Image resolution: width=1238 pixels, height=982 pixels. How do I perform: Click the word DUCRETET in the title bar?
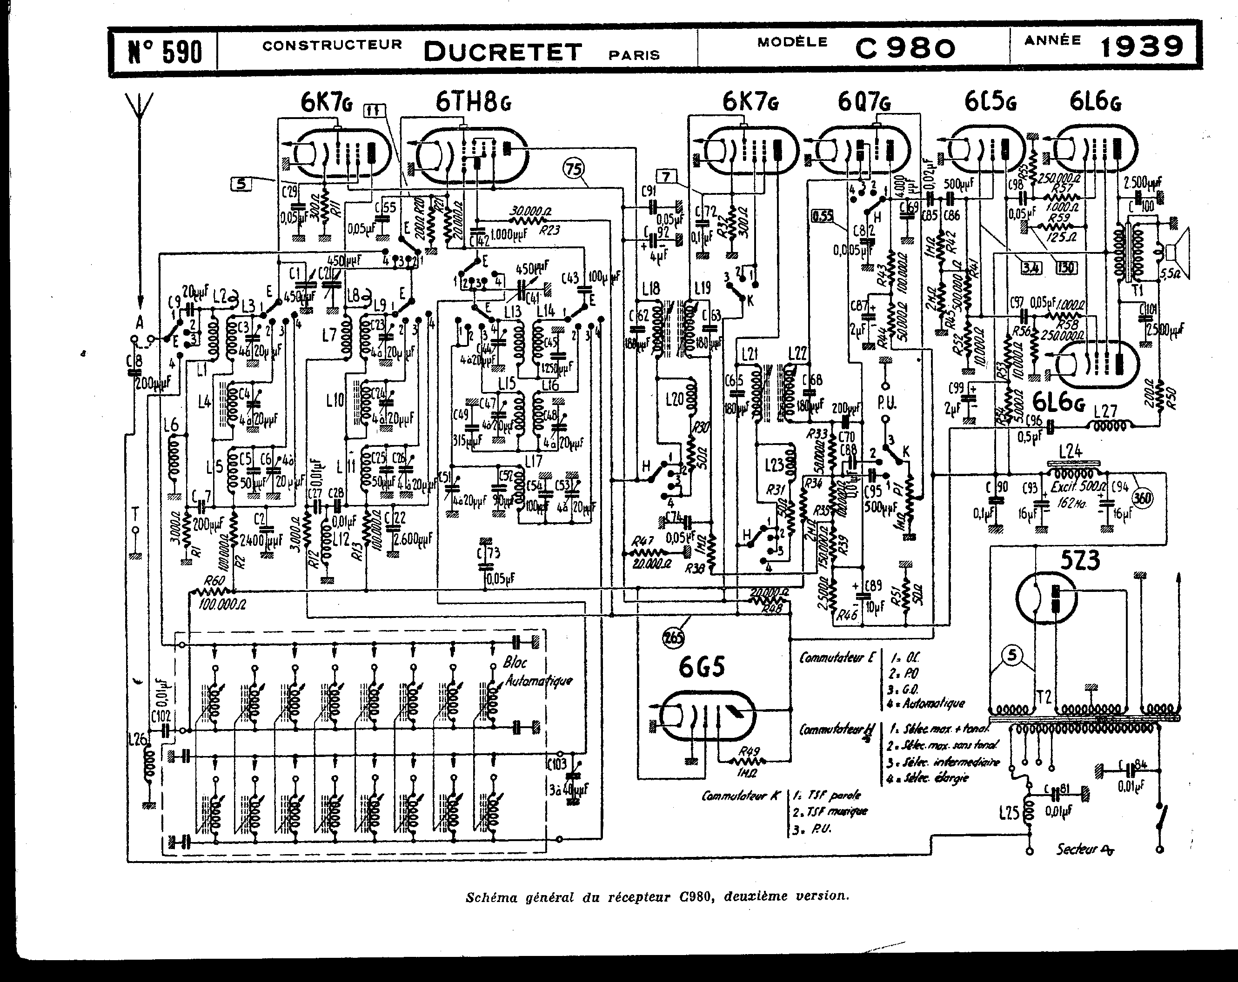(502, 52)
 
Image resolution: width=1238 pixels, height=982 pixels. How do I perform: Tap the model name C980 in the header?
(905, 49)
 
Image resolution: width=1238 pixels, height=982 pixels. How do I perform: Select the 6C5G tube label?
(991, 103)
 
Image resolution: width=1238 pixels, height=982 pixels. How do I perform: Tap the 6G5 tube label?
(701, 667)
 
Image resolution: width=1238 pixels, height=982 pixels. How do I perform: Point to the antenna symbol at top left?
(140, 115)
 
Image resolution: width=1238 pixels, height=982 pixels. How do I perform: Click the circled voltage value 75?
(574, 169)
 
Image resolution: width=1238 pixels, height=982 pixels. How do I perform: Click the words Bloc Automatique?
(537, 671)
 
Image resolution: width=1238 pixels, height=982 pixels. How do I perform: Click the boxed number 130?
(1066, 267)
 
